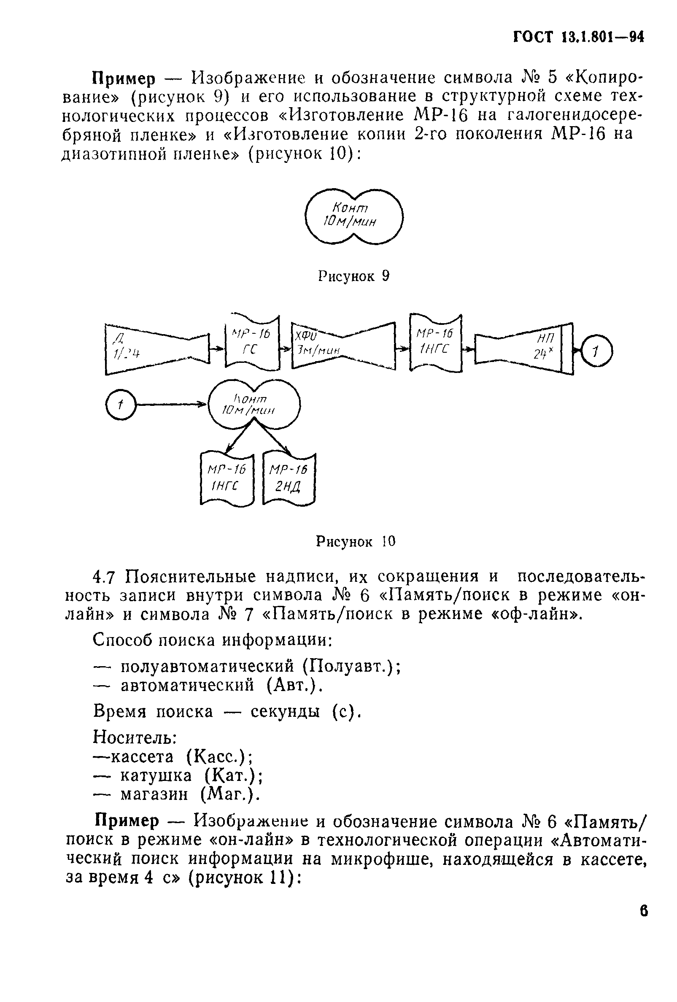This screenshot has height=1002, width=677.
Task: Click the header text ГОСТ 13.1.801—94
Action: (578, 38)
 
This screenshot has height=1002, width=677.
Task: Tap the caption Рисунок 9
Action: (353, 276)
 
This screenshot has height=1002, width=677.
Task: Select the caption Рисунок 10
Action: (356, 541)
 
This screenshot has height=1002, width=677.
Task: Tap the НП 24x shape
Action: (523, 348)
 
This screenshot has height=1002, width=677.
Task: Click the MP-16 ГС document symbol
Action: (252, 343)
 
